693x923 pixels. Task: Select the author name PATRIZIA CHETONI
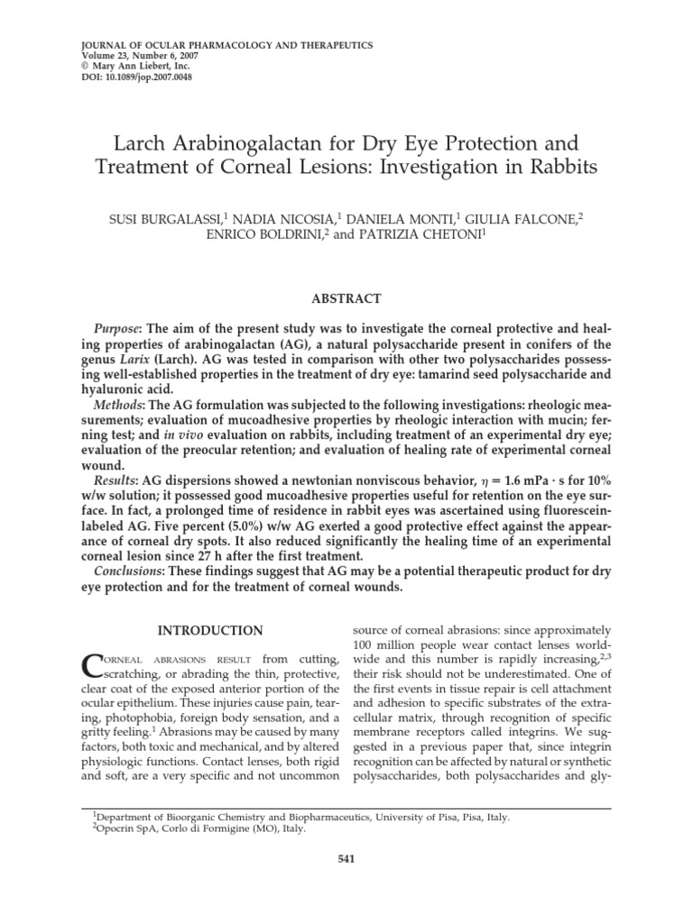click(417, 235)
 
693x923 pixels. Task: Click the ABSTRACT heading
click(346, 298)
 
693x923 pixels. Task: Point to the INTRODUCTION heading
click(211, 630)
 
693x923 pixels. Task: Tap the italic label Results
click(118, 482)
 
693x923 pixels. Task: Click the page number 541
click(346, 859)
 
